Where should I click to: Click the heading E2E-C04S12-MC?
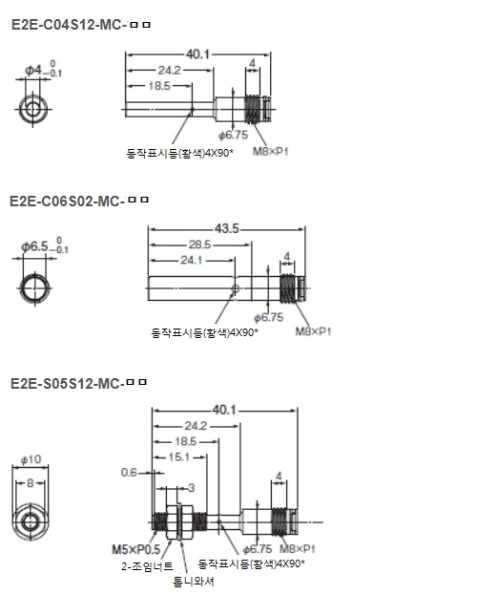[x=69, y=25]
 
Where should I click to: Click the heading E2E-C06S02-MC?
[x=67, y=202]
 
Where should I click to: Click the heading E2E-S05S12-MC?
[x=67, y=383]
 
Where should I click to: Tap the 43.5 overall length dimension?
[x=227, y=228]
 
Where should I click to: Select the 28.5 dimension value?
[x=199, y=244]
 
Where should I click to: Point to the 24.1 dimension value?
[x=192, y=260]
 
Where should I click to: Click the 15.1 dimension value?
[x=179, y=457]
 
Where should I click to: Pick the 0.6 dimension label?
[x=129, y=472]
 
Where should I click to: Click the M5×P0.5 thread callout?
[x=136, y=549]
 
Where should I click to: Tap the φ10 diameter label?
[x=31, y=459]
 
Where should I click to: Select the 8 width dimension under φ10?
[x=31, y=483]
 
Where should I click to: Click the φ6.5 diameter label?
[x=34, y=246]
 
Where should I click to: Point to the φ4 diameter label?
[x=33, y=71]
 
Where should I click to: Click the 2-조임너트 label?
[x=147, y=566]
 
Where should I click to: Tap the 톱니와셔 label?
[x=194, y=582]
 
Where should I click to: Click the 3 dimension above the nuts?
[x=191, y=488]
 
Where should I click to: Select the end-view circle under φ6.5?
[x=35, y=276]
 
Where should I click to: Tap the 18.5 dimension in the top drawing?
[x=159, y=86]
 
